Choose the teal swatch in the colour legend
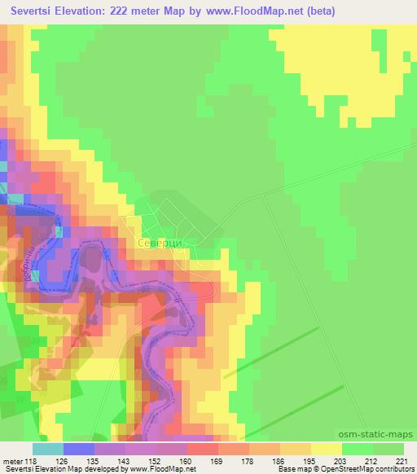pyautogui.click(x=47, y=448)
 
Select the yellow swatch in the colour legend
pyautogui.click(x=326, y=448)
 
